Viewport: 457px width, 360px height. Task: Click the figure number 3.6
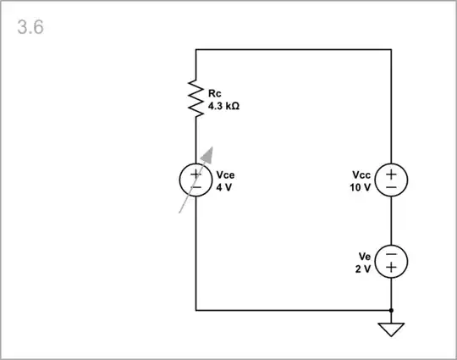(30, 26)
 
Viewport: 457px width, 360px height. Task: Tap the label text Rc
(214, 91)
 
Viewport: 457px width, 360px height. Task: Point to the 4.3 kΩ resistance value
(223, 107)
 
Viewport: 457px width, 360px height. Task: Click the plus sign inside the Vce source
(196, 174)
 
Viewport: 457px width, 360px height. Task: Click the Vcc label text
(361, 175)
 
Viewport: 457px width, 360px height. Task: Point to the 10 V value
(361, 187)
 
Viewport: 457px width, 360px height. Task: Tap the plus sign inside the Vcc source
(391, 174)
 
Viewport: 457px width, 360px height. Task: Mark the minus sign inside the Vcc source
(391, 187)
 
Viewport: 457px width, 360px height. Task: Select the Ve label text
(365, 256)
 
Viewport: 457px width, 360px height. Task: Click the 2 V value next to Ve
(363, 268)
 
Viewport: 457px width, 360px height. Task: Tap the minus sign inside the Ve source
(391, 254)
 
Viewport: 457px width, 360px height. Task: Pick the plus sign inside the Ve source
(391, 268)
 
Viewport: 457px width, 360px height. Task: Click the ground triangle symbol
(391, 329)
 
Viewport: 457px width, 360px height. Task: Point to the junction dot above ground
(391, 311)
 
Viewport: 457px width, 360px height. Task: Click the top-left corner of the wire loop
(196, 50)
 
